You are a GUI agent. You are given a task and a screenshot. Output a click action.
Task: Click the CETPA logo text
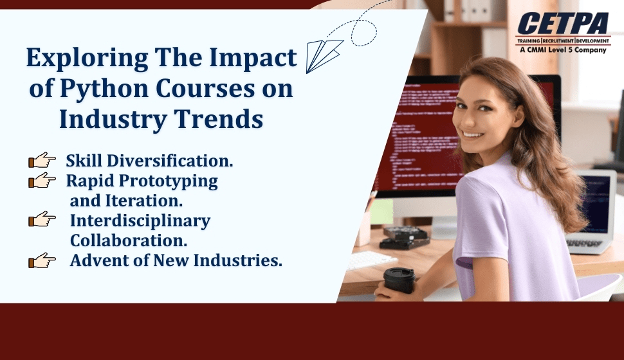[x=564, y=24]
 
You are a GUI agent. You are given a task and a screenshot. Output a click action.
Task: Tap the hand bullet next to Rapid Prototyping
[x=42, y=181]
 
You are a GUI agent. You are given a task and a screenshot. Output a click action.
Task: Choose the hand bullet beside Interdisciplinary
[x=42, y=221]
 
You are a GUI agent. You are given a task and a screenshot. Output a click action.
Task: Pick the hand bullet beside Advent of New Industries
[x=42, y=260]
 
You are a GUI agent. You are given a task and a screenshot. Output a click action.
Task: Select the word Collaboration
[x=129, y=240]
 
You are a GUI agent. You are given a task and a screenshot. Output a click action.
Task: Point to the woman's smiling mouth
[x=473, y=134]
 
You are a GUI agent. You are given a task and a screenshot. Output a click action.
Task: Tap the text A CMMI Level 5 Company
[x=564, y=49]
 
